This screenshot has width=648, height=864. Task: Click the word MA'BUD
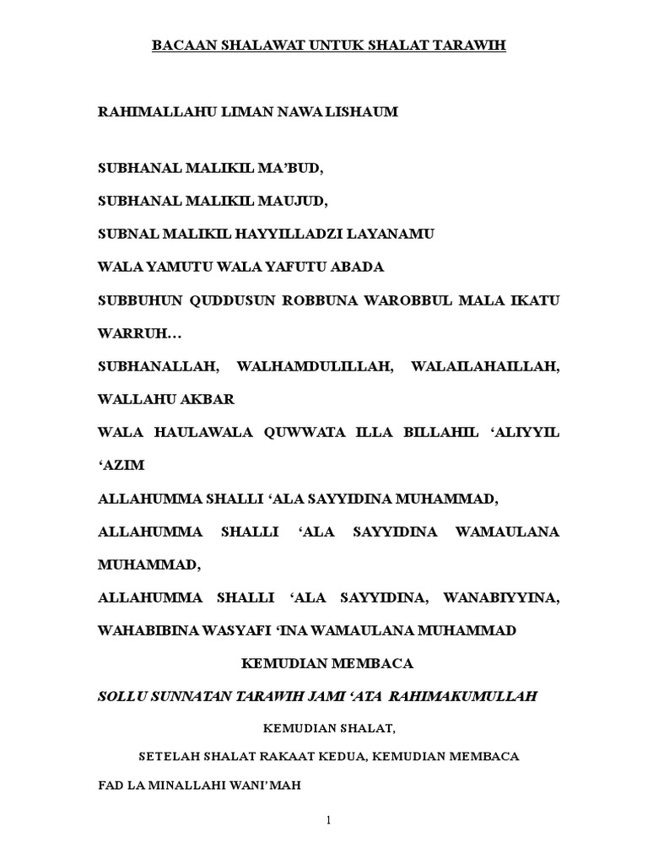click(294, 169)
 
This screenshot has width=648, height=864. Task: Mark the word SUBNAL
click(126, 235)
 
